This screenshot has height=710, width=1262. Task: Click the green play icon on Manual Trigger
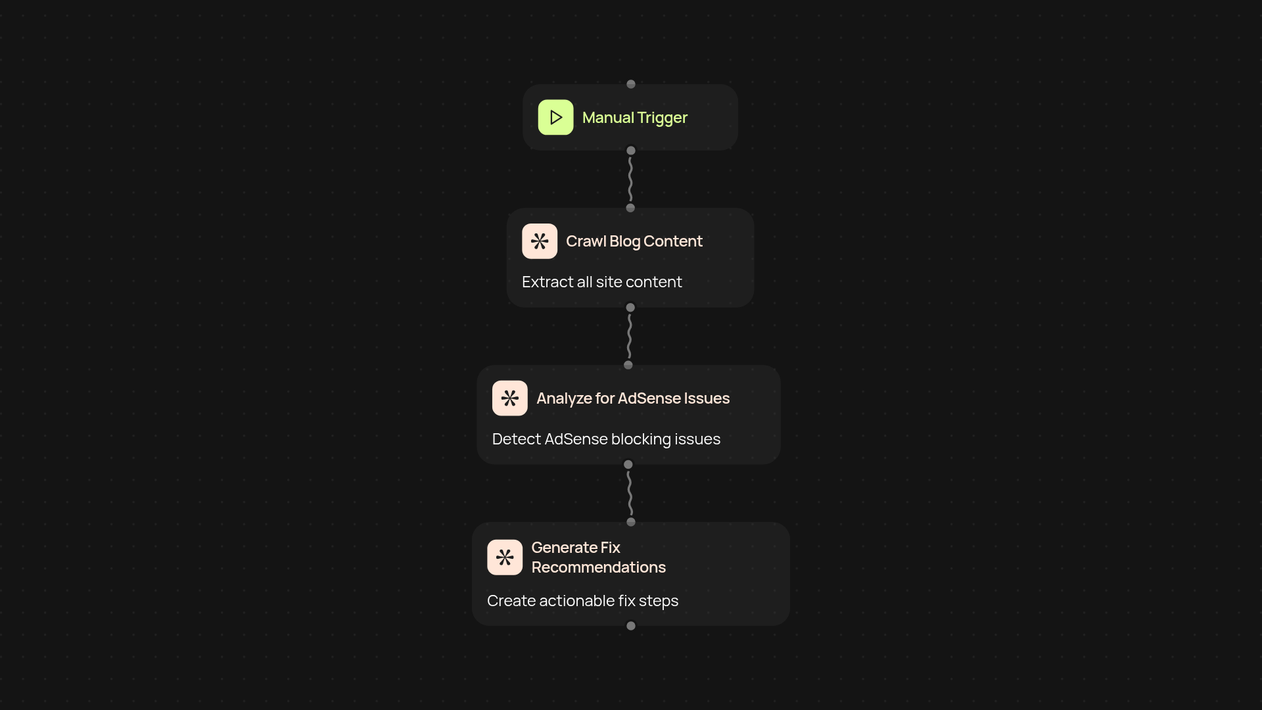(555, 117)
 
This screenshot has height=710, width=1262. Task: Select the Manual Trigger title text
(634, 118)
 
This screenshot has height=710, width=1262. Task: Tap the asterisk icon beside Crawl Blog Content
(540, 241)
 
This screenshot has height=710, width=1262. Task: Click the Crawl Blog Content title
(634, 241)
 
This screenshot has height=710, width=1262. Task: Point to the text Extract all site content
(601, 282)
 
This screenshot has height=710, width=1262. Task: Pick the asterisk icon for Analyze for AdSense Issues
(510, 398)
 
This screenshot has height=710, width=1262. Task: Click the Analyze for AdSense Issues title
(633, 398)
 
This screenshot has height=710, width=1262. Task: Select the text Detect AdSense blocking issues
(606, 439)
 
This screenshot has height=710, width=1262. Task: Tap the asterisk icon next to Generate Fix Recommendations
(505, 557)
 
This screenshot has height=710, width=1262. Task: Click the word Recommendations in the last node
(598, 567)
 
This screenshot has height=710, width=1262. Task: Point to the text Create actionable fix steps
(582, 601)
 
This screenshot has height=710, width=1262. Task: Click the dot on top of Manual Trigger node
(631, 84)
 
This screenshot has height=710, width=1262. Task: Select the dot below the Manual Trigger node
(631, 151)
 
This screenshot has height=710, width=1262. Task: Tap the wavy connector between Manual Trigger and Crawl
(630, 179)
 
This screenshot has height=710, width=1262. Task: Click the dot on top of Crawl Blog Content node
(630, 208)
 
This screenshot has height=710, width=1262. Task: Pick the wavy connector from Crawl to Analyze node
(629, 336)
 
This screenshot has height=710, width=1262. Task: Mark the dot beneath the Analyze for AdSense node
(628, 465)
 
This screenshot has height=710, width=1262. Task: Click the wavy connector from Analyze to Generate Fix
(630, 493)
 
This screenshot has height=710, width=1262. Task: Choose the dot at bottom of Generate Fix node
(631, 626)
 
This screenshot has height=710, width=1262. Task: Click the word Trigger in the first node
(662, 118)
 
